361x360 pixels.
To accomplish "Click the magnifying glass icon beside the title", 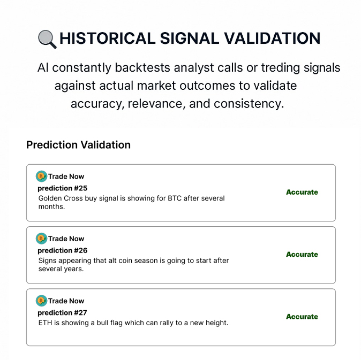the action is (47, 39).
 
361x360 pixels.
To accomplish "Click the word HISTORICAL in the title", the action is (108, 38).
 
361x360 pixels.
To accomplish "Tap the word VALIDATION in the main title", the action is (272, 38).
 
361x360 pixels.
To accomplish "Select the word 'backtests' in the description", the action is (142, 67).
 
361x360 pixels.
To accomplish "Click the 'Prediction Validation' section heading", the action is (79, 145).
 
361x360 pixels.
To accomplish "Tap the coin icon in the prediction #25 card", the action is (41, 177).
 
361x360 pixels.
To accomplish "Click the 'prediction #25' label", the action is (62, 188).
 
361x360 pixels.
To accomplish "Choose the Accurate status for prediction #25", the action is (302, 192).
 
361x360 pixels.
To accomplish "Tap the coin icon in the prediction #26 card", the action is (41, 239).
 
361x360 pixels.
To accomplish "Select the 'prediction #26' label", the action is (62, 250).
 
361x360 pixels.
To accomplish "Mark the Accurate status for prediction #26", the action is (302, 254).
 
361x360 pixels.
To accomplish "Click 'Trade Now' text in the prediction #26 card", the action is (66, 239).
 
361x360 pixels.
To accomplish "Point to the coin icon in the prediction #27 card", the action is (41, 301).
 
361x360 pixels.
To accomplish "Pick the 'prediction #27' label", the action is (62, 312).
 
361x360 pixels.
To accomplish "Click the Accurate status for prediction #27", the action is (302, 317).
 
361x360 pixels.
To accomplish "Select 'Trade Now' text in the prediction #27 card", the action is (66, 301).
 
